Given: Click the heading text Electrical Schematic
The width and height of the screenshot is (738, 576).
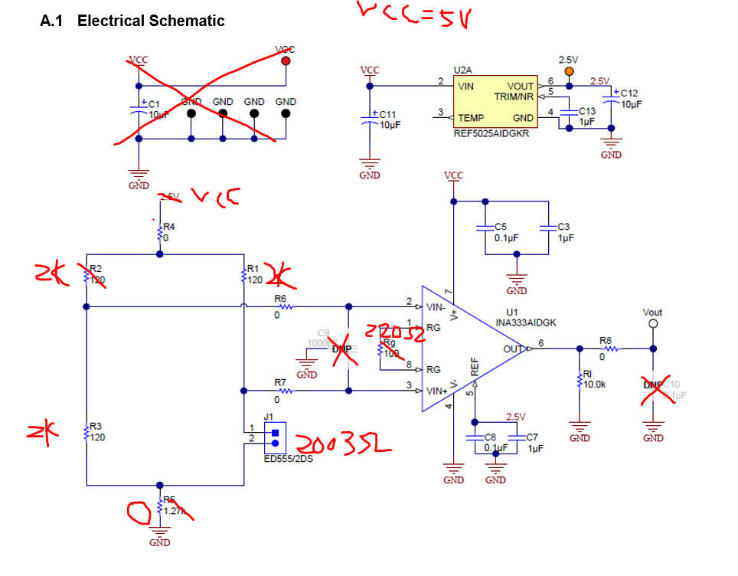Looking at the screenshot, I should (151, 21).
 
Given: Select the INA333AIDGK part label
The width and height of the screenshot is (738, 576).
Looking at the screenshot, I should (531, 322).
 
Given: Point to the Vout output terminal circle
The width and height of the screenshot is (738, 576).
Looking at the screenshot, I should (653, 324).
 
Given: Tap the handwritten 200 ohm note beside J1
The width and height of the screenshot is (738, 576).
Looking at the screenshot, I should (345, 444).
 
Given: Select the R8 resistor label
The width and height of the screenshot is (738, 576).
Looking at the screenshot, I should (606, 340).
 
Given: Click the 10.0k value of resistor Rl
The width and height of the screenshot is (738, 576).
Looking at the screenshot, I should (595, 385).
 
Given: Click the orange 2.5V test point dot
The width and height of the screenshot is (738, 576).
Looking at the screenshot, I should (569, 72).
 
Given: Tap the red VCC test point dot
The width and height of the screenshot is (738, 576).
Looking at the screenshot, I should (286, 61).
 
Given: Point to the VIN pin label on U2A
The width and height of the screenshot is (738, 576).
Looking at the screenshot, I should (466, 87).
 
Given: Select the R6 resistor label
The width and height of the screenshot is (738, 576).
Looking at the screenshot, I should (280, 298).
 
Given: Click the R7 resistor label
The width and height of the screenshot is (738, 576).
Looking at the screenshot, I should (281, 382).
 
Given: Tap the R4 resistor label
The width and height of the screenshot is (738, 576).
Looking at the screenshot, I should (169, 227).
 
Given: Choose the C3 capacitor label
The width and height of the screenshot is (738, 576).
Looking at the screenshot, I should (563, 227).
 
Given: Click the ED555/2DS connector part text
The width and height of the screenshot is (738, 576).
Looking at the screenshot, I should (289, 460).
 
